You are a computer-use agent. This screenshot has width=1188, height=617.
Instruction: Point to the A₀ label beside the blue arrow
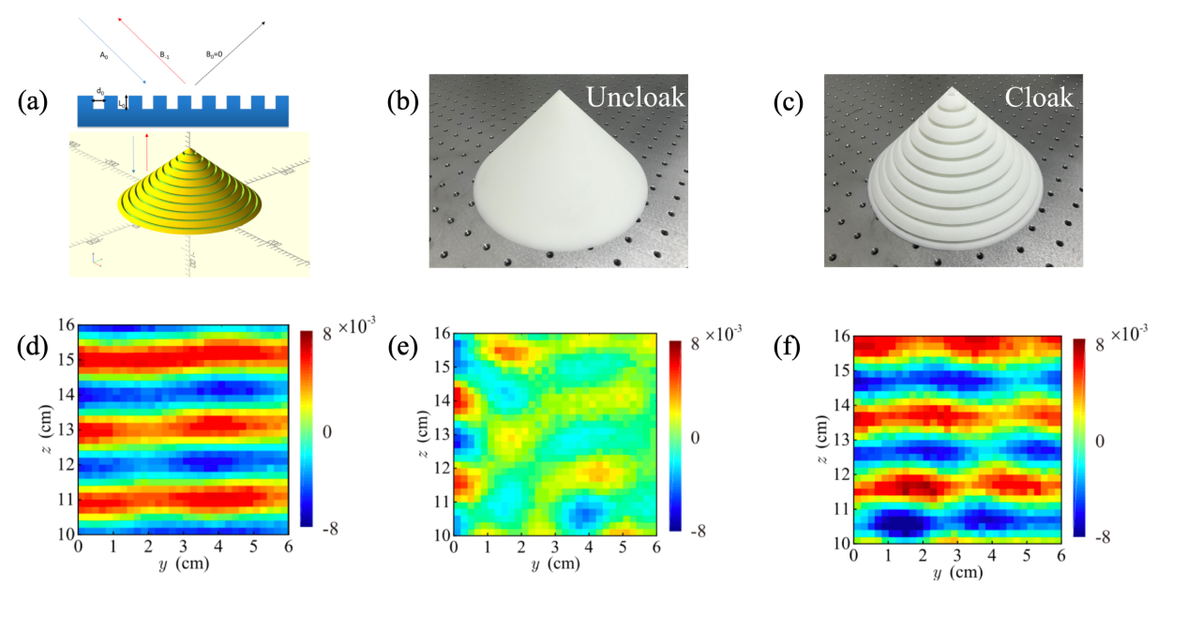[104, 55]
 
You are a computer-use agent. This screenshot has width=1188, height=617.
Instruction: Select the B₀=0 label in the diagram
[216, 55]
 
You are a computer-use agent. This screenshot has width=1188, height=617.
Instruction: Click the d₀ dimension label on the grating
[99, 90]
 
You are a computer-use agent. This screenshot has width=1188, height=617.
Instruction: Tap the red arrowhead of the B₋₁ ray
[120, 17]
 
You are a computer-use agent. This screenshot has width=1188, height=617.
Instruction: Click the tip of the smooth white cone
[560, 92]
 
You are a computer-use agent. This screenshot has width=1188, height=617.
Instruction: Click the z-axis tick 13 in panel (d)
[67, 429]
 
